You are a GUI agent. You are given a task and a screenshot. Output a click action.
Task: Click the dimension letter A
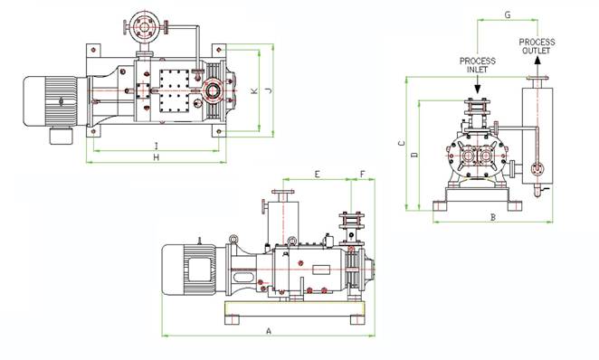coord(269,331)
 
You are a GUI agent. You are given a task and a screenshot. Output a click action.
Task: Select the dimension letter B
coord(493,217)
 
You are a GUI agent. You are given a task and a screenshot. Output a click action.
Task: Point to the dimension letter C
coord(402,144)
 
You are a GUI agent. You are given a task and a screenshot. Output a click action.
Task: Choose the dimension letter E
coord(317,175)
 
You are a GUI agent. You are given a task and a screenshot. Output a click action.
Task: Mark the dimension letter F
coord(363,175)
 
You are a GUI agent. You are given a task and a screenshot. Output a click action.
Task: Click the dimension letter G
coord(508,14)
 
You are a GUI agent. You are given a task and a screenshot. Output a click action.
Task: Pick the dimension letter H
coord(156,157)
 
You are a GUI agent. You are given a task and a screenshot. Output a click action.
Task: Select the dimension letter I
coord(156,146)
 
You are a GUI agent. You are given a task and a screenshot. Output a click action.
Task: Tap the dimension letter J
coord(269,90)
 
